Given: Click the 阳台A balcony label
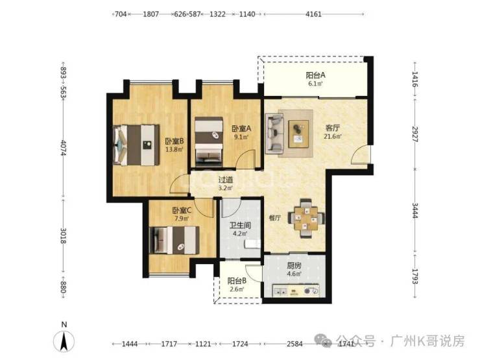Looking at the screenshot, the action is pos(315,75).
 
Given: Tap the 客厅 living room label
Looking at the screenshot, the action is pos(333,128).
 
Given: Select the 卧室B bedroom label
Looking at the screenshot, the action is pos(174,141).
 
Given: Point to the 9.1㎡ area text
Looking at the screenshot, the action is pos(241,137).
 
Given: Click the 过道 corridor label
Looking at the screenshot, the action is pos(226,180).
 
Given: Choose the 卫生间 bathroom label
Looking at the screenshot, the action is pos(240,226).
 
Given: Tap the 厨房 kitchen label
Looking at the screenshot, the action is pos(294,266).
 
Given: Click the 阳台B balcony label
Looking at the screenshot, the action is pos(237,281).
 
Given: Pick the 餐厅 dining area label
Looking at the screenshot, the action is pos(275,218).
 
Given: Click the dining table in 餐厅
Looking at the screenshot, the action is pos(306,218).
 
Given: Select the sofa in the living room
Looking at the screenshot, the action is pos(274,134).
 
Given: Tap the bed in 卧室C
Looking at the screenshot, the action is pos(174,240).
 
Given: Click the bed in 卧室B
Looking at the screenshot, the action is pos(136,145).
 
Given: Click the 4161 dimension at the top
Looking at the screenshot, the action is pos(313,14).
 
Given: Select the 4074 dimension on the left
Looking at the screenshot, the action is pos(64,148).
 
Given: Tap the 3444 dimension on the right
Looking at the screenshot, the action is pos(414,211).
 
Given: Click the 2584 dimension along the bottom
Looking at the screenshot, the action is pos(294,344).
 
